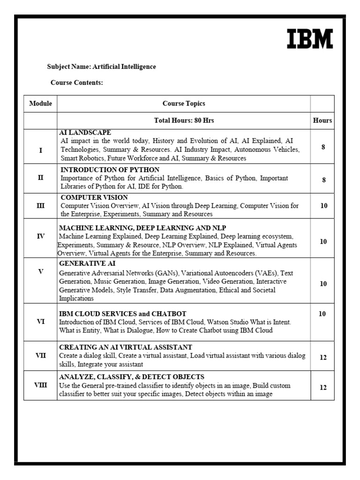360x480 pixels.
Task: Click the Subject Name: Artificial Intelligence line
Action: (x=101, y=67)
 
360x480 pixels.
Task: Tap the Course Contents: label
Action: (x=76, y=83)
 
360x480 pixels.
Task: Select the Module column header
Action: (x=40, y=104)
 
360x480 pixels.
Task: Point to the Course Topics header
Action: (x=184, y=104)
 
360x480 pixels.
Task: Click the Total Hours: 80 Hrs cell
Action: (x=184, y=120)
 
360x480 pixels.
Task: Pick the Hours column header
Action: (x=322, y=120)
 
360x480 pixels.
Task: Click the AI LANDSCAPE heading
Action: (x=85, y=133)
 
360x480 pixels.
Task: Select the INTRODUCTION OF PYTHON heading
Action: (x=110, y=170)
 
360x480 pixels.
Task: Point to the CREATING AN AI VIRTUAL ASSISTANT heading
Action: (x=125, y=347)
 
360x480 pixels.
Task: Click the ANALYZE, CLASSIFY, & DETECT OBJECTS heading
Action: (x=131, y=377)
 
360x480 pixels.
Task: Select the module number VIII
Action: (x=40, y=385)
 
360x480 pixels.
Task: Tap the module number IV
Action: (x=40, y=236)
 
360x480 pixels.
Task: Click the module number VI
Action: (x=40, y=322)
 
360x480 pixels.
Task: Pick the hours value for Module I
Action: (x=323, y=147)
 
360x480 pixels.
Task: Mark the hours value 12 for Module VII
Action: (x=323, y=357)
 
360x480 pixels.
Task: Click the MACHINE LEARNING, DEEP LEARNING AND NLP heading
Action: (x=142, y=228)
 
